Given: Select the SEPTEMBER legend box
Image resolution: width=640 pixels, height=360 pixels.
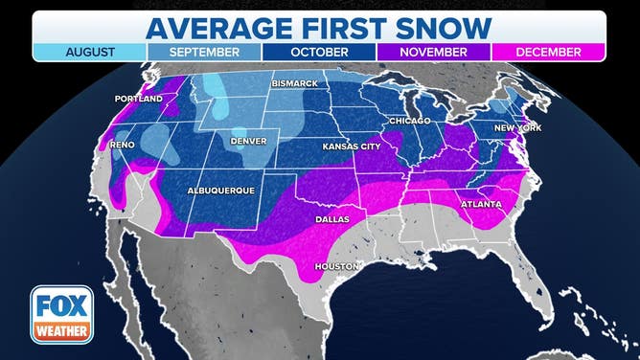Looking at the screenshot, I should [x=204, y=53].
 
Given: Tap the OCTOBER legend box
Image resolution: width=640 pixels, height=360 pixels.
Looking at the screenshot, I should [x=319, y=53].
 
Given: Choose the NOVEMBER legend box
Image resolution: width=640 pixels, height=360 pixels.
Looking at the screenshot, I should [x=434, y=53].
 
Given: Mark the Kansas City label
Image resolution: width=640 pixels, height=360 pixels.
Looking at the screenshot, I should [x=352, y=146].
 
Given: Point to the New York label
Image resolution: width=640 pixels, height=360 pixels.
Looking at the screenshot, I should [x=516, y=127].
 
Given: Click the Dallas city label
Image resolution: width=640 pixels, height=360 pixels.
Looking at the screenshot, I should [x=333, y=219].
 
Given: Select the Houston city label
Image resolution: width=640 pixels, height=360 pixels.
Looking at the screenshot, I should [x=337, y=265].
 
